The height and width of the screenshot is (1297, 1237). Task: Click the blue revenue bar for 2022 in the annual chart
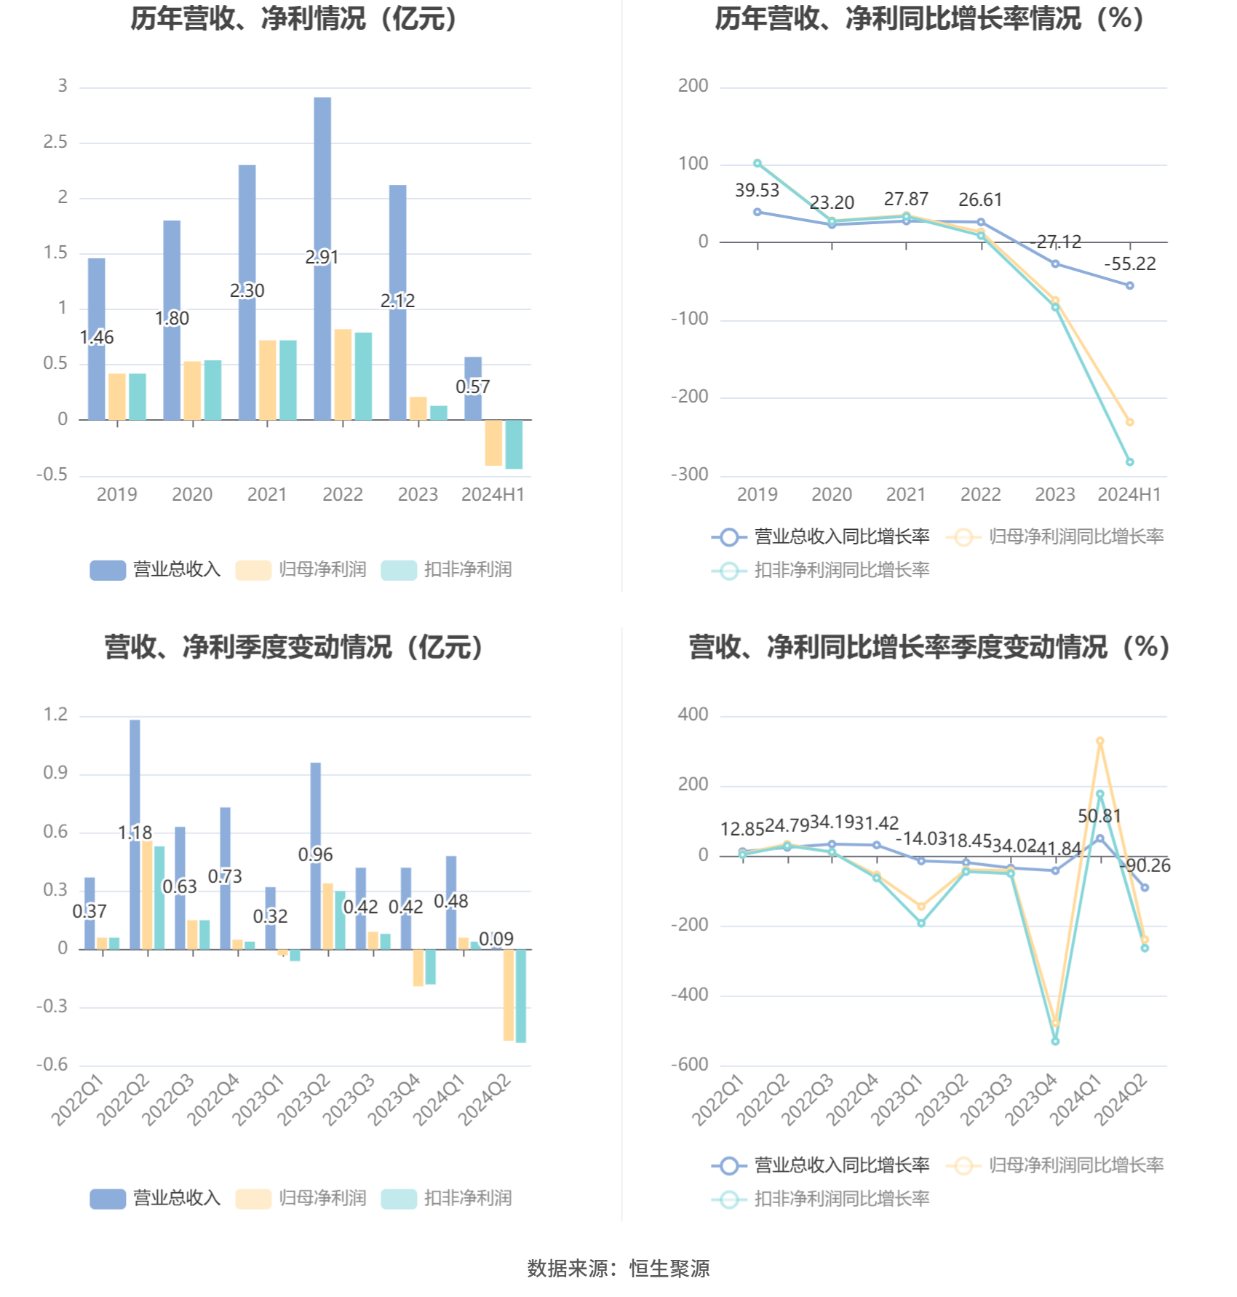322,258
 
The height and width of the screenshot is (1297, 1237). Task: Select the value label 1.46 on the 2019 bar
97,337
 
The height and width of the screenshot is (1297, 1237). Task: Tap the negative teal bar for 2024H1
514,444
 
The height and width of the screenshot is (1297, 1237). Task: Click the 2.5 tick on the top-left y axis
55,142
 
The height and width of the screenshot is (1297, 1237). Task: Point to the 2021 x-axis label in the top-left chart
267,495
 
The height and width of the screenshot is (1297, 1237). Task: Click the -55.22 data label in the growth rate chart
1129,263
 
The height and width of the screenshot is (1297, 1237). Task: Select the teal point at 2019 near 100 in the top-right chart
757,164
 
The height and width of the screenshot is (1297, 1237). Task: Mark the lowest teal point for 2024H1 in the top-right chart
1130,462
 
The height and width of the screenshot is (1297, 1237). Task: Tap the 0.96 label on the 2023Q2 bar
315,854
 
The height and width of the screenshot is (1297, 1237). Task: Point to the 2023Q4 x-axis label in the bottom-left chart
394,1100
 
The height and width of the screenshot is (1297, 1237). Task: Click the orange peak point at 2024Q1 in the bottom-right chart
1099,741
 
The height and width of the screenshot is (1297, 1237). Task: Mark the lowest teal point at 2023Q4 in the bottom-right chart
1055,1042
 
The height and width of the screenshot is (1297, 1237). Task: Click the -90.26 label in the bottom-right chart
1145,865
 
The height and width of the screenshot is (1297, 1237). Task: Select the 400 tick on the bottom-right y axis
693,715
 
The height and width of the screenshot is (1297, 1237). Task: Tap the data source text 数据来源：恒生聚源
618,1269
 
